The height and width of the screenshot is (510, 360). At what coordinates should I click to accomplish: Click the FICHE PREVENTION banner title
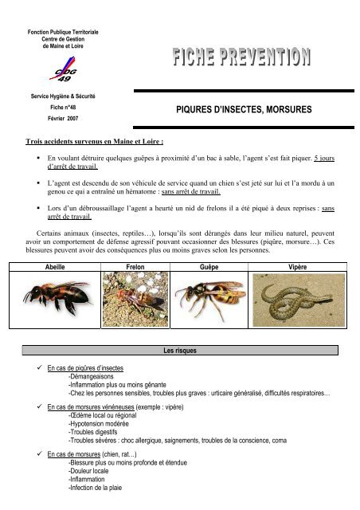[239, 57]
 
